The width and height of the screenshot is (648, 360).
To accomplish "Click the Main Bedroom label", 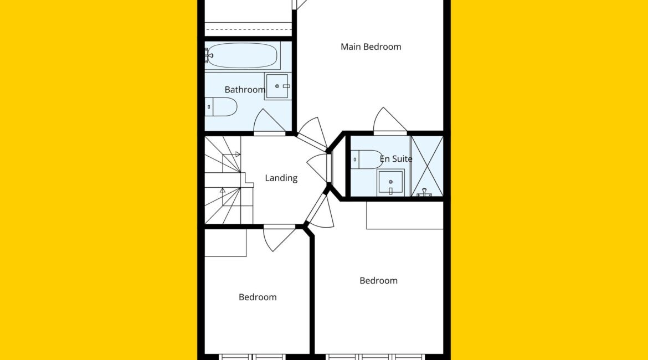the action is [371, 47].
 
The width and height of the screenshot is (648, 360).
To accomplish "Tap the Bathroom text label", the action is [245, 89].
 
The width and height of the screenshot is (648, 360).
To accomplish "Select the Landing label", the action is [281, 178].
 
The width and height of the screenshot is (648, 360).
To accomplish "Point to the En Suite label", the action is [396, 159].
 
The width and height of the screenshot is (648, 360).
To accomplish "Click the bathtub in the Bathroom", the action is [242, 55].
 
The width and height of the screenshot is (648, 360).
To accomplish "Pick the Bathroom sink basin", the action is [277, 86].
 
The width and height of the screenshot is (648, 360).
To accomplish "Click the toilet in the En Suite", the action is [367, 159].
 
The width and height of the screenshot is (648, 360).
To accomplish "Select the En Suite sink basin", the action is [390, 183].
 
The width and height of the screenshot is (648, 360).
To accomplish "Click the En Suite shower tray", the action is [427, 166].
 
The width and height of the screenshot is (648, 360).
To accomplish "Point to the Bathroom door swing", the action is [269, 121].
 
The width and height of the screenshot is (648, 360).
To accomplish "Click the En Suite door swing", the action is [390, 120].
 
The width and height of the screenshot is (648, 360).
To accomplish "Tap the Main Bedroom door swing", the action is [313, 133].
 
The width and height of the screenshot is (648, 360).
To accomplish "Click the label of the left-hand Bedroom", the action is [258, 297].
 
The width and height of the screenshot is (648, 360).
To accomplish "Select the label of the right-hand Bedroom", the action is [378, 281].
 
